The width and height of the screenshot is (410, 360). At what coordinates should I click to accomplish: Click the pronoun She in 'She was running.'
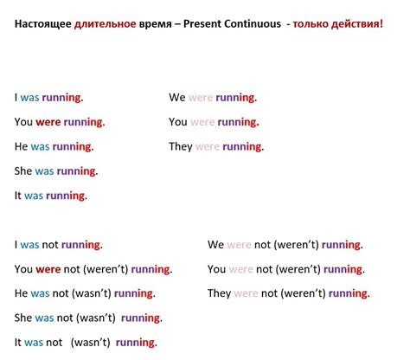23,171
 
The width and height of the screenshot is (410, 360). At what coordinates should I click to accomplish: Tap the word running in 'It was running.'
66,196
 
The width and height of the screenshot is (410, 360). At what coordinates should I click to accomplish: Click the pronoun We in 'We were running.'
177,98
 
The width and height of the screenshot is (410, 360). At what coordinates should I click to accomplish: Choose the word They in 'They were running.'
181,146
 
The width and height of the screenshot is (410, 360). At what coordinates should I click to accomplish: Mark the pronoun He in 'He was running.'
22,146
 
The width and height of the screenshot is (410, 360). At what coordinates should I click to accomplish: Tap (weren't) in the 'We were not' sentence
304,245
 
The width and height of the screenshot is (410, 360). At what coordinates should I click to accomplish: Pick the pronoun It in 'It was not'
19,342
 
